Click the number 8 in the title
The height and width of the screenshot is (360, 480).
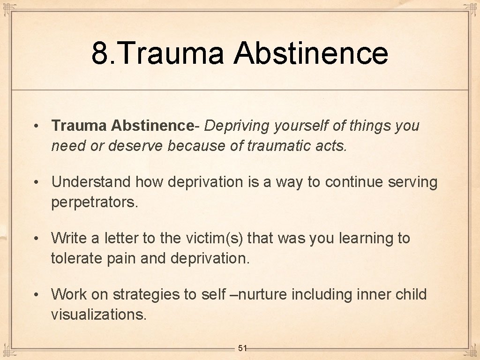click(99, 53)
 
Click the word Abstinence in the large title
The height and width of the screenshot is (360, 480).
click(311, 53)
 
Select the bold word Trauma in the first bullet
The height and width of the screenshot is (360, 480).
click(80, 126)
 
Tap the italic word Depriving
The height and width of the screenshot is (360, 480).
click(238, 126)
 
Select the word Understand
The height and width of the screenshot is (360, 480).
click(92, 182)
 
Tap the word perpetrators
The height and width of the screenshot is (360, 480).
click(95, 202)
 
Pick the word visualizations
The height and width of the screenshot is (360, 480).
click(98, 315)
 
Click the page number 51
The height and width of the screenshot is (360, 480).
click(242, 348)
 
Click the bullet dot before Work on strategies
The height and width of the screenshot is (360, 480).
click(36, 295)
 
